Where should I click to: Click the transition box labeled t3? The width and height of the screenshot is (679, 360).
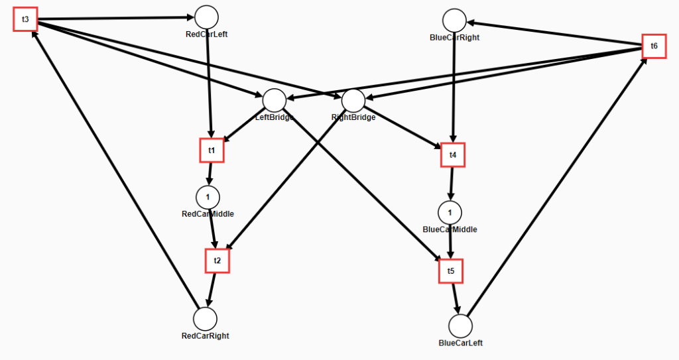point(26,19)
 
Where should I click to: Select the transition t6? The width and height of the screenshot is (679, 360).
point(654,46)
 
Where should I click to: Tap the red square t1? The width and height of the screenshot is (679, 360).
point(212,150)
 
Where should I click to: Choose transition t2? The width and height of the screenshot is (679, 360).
point(217,261)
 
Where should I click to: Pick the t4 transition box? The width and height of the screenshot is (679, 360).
point(453,154)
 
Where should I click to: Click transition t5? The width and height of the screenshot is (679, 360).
point(451,271)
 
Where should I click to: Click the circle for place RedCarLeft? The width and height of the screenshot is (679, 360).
point(207,17)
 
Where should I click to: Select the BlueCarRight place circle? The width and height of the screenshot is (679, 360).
point(455,21)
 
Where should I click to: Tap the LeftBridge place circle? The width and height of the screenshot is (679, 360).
point(275,101)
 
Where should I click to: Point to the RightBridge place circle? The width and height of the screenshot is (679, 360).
point(353,101)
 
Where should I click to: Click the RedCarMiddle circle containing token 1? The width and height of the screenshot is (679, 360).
point(208,197)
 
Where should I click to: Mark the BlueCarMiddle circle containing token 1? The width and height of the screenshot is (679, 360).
point(450,213)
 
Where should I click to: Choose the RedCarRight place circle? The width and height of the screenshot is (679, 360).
point(206,319)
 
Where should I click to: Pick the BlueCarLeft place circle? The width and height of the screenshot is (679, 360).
point(460,326)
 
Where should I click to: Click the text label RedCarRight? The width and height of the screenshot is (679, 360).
point(206,335)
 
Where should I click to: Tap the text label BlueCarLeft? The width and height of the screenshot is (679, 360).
point(461,343)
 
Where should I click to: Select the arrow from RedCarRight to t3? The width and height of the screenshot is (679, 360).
point(115,170)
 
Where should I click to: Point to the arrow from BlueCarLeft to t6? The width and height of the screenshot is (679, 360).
point(557,187)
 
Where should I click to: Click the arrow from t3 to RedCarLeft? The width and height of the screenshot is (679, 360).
point(116,18)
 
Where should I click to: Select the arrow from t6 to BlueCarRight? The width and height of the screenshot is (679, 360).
point(554,33)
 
